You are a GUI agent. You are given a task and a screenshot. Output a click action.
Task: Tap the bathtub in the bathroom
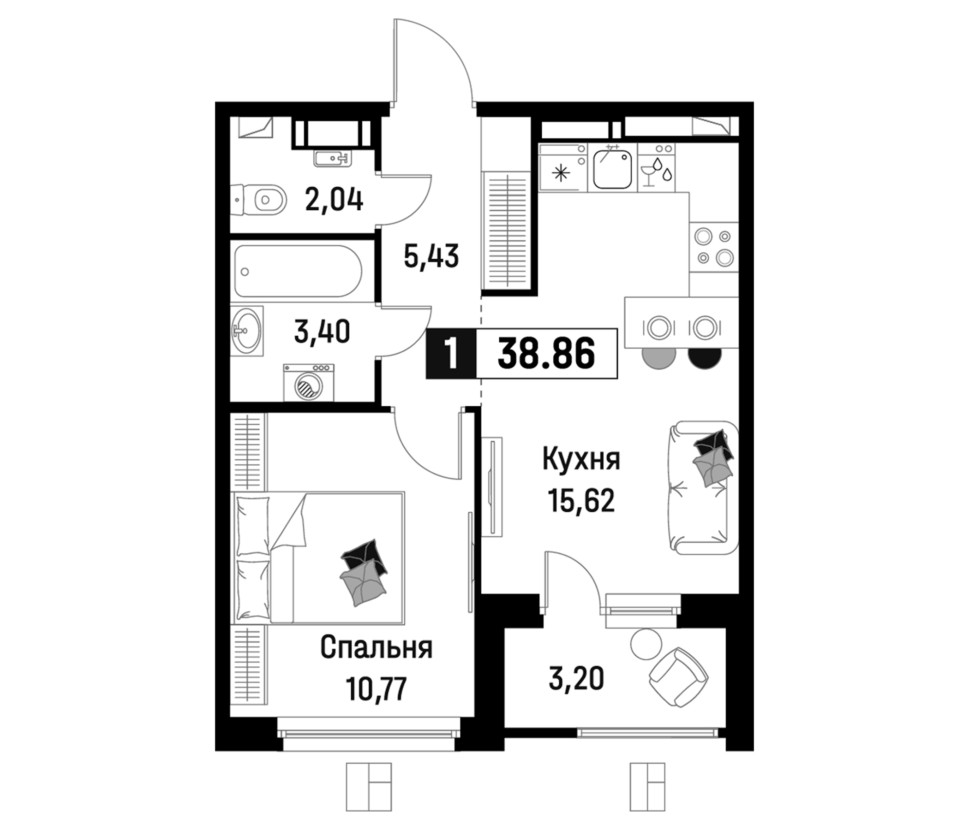(298, 271)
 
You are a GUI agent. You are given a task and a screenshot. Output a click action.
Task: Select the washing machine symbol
(309, 383)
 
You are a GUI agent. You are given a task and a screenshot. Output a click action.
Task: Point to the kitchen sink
(612, 167)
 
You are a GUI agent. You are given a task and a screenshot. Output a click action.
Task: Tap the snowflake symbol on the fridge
(562, 173)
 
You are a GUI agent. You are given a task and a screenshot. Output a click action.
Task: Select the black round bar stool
(704, 356)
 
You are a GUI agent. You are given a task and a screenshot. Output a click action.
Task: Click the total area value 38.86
(546, 353)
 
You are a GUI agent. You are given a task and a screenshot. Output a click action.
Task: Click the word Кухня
(581, 459)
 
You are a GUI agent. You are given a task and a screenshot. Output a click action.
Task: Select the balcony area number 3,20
(576, 679)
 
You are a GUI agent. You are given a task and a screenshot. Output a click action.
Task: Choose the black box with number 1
(451, 353)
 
